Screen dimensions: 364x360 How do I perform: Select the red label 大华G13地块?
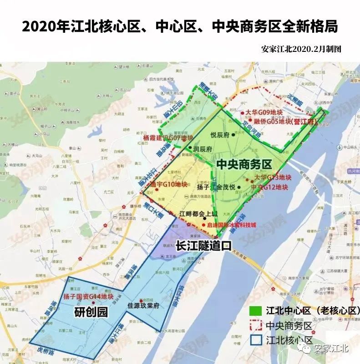tap(273, 177)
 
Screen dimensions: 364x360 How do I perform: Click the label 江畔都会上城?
tap(198, 214)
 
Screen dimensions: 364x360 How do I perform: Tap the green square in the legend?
tap(256, 310)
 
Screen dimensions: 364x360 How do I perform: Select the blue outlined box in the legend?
tap(256, 340)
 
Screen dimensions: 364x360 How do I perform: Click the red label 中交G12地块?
tap(270, 187)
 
